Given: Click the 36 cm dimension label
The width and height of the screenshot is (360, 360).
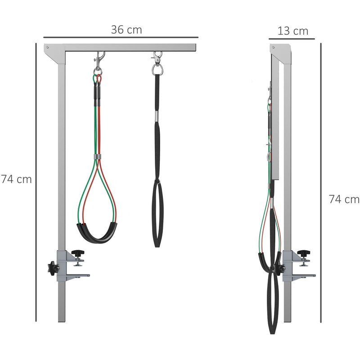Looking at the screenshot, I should pos(126,30).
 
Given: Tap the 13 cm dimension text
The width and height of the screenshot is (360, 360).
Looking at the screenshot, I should pos(293,31).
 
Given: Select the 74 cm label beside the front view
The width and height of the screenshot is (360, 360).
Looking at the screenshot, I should pos(17,179).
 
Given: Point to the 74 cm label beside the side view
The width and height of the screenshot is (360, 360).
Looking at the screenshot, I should pos(344,199).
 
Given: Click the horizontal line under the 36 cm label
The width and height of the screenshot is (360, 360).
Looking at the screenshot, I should pos(121,37).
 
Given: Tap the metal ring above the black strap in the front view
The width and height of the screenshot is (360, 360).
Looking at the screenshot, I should pos(157,69).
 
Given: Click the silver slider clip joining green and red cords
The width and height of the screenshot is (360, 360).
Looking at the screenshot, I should pos(98,157).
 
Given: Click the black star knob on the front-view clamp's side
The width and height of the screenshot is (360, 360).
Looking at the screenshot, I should pos(52,269).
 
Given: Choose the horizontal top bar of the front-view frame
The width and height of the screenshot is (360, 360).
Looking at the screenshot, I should pos(130,47).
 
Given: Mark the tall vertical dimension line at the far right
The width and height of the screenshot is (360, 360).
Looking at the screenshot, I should pos(321,180).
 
